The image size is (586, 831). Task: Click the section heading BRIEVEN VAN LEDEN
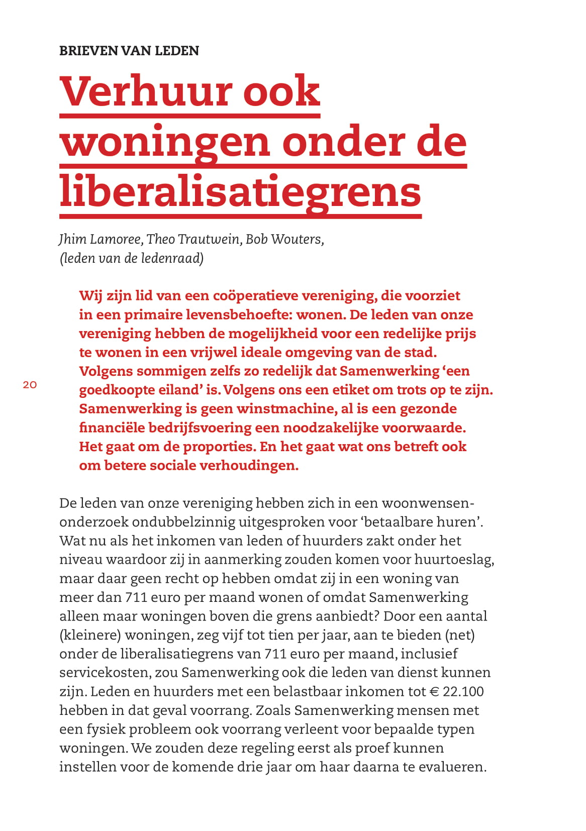[129, 51]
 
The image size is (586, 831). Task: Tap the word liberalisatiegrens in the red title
[240, 191]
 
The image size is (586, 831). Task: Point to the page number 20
[30, 385]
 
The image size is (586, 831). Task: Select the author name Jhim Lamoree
[100, 239]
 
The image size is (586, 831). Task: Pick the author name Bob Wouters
[284, 239]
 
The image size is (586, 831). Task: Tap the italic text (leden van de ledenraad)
[132, 258]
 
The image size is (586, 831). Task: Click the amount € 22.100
[457, 691]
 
